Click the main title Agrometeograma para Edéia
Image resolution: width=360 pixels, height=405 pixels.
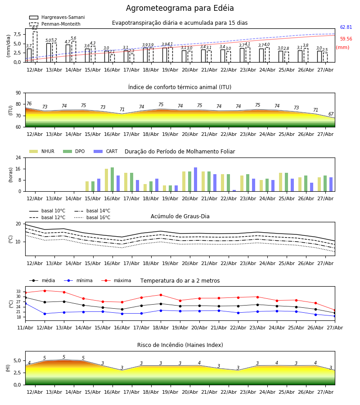pos(180,8)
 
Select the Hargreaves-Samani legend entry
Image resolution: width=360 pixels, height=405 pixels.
pos(57,17)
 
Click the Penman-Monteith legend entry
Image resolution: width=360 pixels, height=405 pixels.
pos(55,24)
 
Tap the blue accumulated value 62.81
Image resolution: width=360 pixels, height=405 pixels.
pos(346,27)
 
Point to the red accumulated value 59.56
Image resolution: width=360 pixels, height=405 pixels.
pos(346,39)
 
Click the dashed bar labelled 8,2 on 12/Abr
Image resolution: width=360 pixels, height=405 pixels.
pos(35,47)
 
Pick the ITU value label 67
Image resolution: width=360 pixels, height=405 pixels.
pos(331,114)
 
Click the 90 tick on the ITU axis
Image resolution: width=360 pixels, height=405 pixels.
pos(18,93)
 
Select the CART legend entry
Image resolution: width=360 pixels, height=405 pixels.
pos(106,151)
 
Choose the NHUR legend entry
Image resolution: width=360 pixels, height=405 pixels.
pos(42,151)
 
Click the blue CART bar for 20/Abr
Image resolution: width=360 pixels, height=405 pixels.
pos(195,180)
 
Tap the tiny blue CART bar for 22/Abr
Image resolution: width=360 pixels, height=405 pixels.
pos(234,191)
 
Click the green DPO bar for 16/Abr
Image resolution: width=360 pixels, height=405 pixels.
pos(112,180)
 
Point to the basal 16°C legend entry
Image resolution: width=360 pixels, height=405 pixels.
pos(92,217)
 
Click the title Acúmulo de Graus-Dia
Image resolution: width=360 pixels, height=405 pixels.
pos(180,216)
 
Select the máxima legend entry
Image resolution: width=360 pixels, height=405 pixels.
pos(116,280)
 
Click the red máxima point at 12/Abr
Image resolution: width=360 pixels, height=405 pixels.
pos(45,291)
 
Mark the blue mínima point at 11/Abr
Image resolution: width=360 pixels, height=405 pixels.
pos(25,303)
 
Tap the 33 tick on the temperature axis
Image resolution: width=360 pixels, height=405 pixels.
pos(18,291)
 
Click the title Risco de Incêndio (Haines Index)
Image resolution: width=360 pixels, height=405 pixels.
pos(180,345)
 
